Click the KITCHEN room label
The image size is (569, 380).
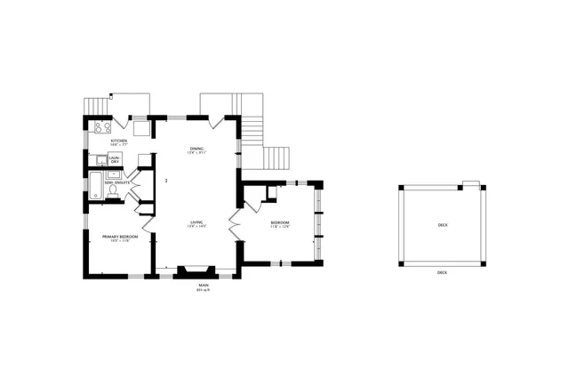pyautogui.click(x=118, y=141)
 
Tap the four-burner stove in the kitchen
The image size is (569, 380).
pyautogui.click(x=102, y=127)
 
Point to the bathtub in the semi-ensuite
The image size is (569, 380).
pyautogui.click(x=94, y=187)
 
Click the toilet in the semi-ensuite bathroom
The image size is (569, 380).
pyautogui.click(x=113, y=190)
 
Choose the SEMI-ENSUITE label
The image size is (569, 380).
pyautogui.click(x=117, y=182)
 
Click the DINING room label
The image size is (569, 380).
pyautogui.click(x=196, y=148)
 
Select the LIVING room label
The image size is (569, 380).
pyautogui.click(x=196, y=222)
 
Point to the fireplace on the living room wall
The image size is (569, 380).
pyautogui.click(x=194, y=272)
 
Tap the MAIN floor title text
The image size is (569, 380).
pyautogui.click(x=204, y=286)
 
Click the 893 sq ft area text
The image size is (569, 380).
pyautogui.click(x=204, y=291)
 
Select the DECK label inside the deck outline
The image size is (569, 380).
pyautogui.click(x=443, y=225)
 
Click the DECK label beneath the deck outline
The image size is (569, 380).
pyautogui.click(x=443, y=272)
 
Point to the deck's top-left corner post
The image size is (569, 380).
pyautogui.click(x=401, y=188)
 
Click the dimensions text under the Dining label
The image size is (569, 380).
pyautogui.click(x=196, y=152)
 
